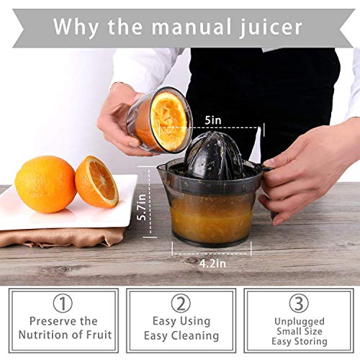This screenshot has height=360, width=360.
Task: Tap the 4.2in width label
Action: click(210, 264)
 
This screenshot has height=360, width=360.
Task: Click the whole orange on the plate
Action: click(44, 184)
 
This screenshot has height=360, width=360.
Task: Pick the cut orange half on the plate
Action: click(96, 181)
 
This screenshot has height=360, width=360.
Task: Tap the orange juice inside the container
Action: click(210, 216)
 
